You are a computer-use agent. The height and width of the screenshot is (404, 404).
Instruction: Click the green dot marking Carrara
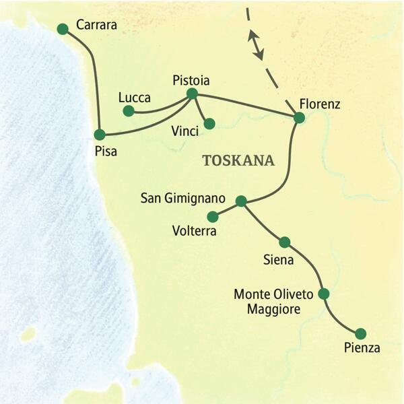[63, 28]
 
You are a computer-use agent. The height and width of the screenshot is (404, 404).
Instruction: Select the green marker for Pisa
[100, 134]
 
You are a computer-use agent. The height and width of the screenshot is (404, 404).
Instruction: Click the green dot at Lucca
[129, 110]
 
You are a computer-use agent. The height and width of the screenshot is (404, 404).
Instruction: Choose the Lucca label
[135, 96]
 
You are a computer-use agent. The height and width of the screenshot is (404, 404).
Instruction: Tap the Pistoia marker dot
[192, 94]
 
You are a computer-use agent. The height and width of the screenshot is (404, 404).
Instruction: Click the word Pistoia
[191, 80]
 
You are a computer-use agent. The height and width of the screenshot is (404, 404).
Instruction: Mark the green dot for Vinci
[209, 123]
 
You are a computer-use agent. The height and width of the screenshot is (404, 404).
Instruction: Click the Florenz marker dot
[300, 118]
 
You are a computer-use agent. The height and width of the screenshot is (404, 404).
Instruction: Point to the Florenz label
[321, 104]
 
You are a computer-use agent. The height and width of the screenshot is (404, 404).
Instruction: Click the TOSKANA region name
[238, 161]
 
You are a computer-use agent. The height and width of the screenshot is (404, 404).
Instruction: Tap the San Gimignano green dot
[241, 201]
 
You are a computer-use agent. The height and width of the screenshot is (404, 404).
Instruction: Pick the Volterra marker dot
[213, 217]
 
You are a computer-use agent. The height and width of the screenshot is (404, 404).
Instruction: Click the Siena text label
[277, 258]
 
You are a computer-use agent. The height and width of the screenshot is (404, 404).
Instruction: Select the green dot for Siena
[284, 242]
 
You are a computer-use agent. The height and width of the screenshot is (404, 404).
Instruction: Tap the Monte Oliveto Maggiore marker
[323, 294]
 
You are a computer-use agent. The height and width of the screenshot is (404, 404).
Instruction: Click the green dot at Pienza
[360, 333]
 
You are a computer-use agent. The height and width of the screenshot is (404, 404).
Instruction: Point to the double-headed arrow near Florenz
[254, 44]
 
